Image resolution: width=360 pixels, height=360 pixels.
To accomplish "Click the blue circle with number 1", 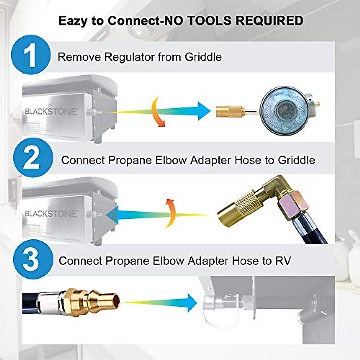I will click(x=31, y=55).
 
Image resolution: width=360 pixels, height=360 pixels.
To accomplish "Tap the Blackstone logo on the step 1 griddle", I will click(x=51, y=111).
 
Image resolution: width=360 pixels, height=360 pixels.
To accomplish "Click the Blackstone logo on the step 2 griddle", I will click(x=51, y=213).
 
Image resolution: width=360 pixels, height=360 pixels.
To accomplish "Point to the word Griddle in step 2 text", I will click(x=296, y=160).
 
